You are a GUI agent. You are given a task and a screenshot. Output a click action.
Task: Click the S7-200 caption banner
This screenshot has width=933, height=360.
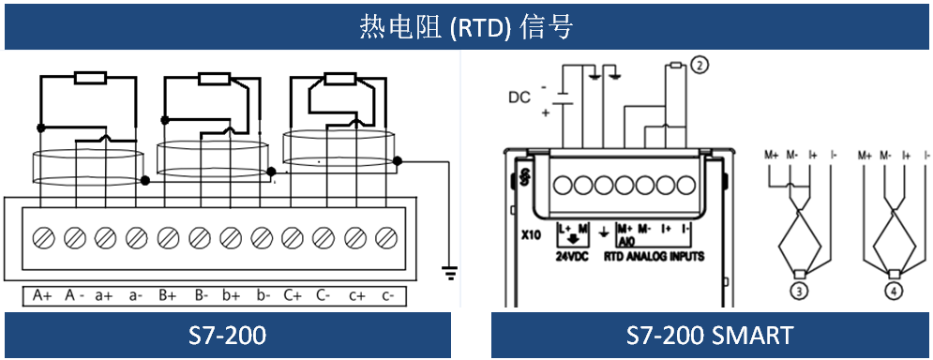pyautogui.click(x=227, y=336)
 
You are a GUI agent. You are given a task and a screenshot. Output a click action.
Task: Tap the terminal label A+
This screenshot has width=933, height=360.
pyautogui.click(x=41, y=295)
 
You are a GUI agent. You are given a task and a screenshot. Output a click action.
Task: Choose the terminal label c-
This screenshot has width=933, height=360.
pyautogui.click(x=388, y=295)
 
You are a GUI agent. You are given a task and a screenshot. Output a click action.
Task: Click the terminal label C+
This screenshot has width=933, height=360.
pyautogui.click(x=293, y=295)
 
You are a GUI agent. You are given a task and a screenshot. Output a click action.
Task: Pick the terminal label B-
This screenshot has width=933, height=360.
pyautogui.click(x=201, y=295)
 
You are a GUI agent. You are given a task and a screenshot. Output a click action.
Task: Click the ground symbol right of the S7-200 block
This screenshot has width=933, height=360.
pyautogui.click(x=450, y=273)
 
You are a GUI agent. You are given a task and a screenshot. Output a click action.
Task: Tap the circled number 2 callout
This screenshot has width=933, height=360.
pyautogui.click(x=700, y=66)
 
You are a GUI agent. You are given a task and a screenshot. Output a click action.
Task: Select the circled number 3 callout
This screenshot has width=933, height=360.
pyautogui.click(x=800, y=291)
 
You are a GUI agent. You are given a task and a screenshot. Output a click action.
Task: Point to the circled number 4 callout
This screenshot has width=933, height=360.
pyautogui.click(x=895, y=291)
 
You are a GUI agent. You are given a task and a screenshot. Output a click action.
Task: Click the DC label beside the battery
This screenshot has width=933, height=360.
pyautogui.click(x=519, y=97)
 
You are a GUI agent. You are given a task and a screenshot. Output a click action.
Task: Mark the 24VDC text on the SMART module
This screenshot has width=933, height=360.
pyautogui.click(x=572, y=257)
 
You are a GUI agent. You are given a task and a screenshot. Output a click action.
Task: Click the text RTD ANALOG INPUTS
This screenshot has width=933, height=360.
pyautogui.click(x=654, y=257)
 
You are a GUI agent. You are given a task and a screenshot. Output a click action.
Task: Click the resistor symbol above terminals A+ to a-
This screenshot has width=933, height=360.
pyautogui.click(x=90, y=78)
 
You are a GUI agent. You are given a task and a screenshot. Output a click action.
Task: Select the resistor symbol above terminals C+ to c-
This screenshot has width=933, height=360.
pyautogui.click(x=339, y=80)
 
